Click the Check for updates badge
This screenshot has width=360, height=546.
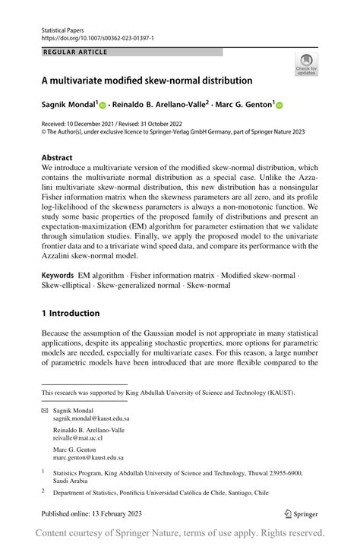[x=306, y=64]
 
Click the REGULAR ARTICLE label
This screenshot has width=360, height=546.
[x=76, y=52]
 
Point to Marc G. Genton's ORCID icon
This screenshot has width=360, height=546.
[x=279, y=106]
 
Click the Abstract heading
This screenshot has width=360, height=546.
[x=58, y=158]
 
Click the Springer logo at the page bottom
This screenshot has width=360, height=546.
[x=301, y=514]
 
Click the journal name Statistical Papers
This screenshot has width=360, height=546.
[x=63, y=30]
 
